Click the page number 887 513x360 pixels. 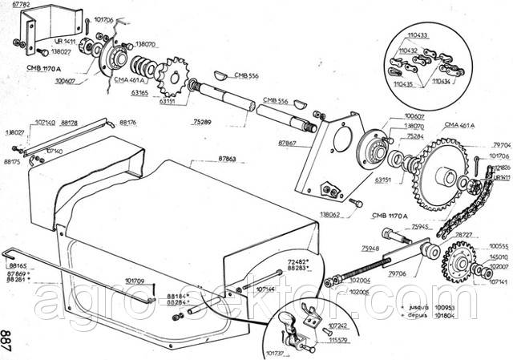7,335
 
